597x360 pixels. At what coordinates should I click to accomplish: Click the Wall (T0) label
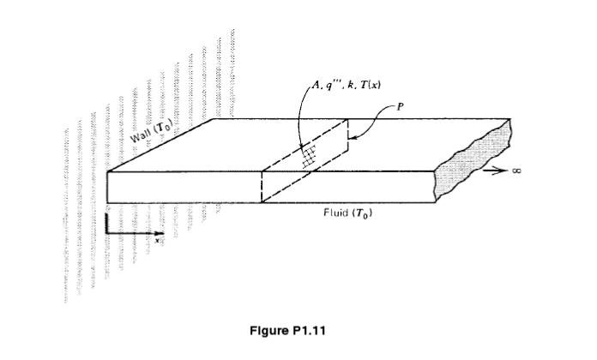[x=152, y=131]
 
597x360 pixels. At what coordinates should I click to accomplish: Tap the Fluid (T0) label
[x=347, y=213]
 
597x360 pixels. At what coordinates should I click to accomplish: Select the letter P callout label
[x=400, y=107]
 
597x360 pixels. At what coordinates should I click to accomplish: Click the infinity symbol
[x=516, y=171]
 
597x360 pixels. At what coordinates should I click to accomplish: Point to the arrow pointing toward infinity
[x=495, y=171]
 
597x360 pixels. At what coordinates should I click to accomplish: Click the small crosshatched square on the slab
[x=309, y=156]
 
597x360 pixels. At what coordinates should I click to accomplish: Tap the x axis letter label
[x=157, y=240]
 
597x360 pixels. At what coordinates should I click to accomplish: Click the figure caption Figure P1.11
[x=287, y=330]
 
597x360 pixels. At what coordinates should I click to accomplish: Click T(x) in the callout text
[x=370, y=85]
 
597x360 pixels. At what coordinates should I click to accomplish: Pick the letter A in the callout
[x=317, y=85]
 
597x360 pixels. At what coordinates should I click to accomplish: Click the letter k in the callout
[x=350, y=85]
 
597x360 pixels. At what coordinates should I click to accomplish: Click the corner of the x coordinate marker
[x=107, y=232]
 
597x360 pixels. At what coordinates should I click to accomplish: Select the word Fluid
[x=336, y=212]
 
